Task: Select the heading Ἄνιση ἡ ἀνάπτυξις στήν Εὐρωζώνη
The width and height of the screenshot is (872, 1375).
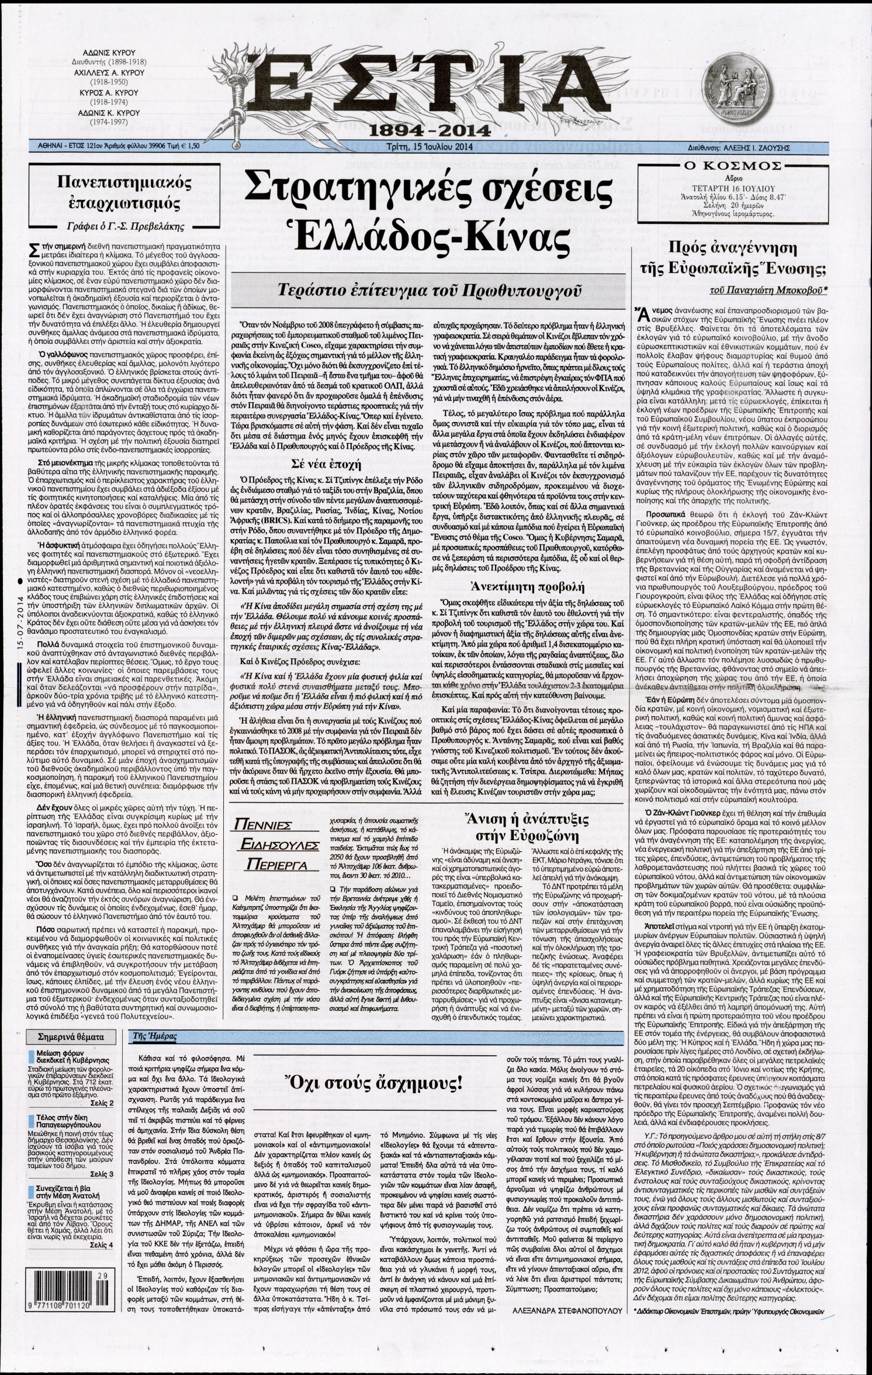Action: [x=528, y=829]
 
